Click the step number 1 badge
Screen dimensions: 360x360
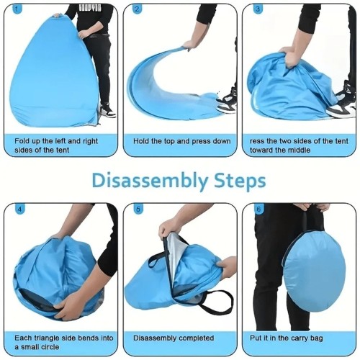coord(16,9)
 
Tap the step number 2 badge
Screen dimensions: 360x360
coord(137,9)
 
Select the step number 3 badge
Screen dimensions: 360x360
coord(258,9)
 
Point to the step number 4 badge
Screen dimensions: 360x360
coord(19,209)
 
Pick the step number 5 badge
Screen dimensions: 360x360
coord(138,209)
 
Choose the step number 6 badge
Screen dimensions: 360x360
coord(258,209)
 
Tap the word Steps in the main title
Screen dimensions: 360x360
coord(240,181)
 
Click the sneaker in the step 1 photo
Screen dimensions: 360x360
coord(107,111)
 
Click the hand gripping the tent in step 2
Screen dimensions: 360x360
coord(189,45)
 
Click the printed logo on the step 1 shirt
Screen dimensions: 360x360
coord(90,8)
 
